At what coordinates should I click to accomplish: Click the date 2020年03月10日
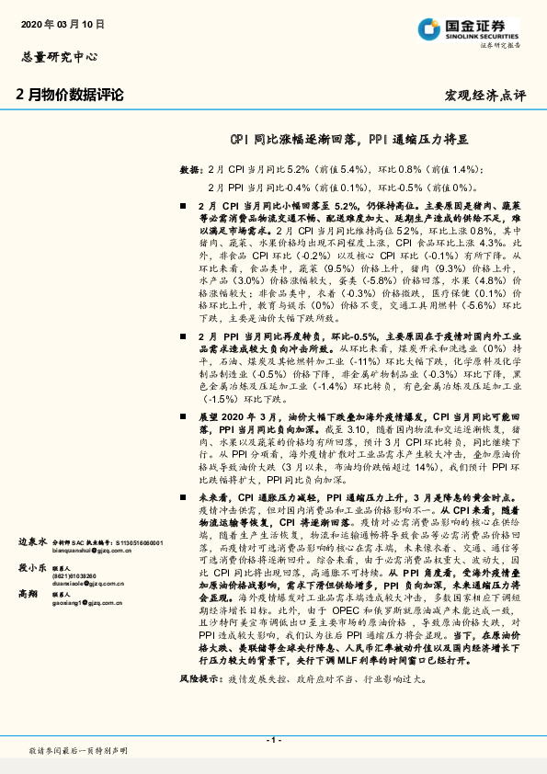61,23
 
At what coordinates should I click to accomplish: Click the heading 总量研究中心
58,56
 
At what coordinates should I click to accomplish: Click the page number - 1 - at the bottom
273,738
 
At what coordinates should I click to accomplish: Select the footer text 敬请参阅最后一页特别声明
75,752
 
